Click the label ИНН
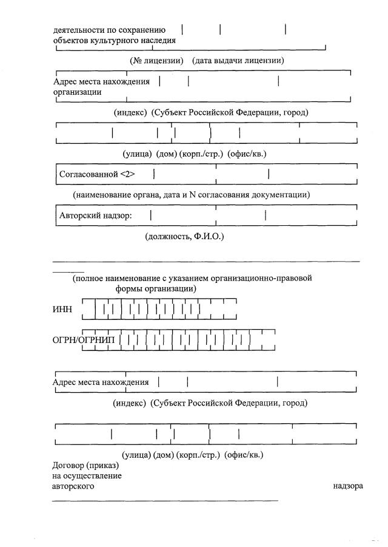62,309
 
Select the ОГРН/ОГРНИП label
85,339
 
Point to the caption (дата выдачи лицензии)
238,60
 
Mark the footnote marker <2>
127,174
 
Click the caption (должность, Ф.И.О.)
185,236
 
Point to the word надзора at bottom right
348,486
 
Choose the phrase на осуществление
87,475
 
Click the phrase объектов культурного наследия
115,41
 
